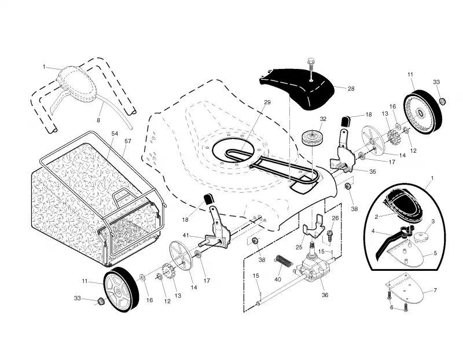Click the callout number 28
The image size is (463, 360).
[x=351, y=89]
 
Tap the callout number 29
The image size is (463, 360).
[x=267, y=102]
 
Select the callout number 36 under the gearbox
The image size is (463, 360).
[x=325, y=295]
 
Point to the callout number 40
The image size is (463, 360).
[x=278, y=280]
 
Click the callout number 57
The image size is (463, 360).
[x=127, y=141]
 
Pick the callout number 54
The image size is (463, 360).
[x=115, y=134]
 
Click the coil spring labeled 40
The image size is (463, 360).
[x=284, y=260]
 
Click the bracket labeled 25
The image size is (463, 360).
[x=314, y=226]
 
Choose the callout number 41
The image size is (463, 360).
[x=186, y=236]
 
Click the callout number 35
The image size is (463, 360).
[x=373, y=171]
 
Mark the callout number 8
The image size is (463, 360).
[x=98, y=120]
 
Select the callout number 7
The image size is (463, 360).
[x=435, y=291]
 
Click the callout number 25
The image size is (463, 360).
[x=299, y=248]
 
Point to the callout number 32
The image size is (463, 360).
[x=323, y=119]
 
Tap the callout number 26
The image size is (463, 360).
[x=336, y=218]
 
